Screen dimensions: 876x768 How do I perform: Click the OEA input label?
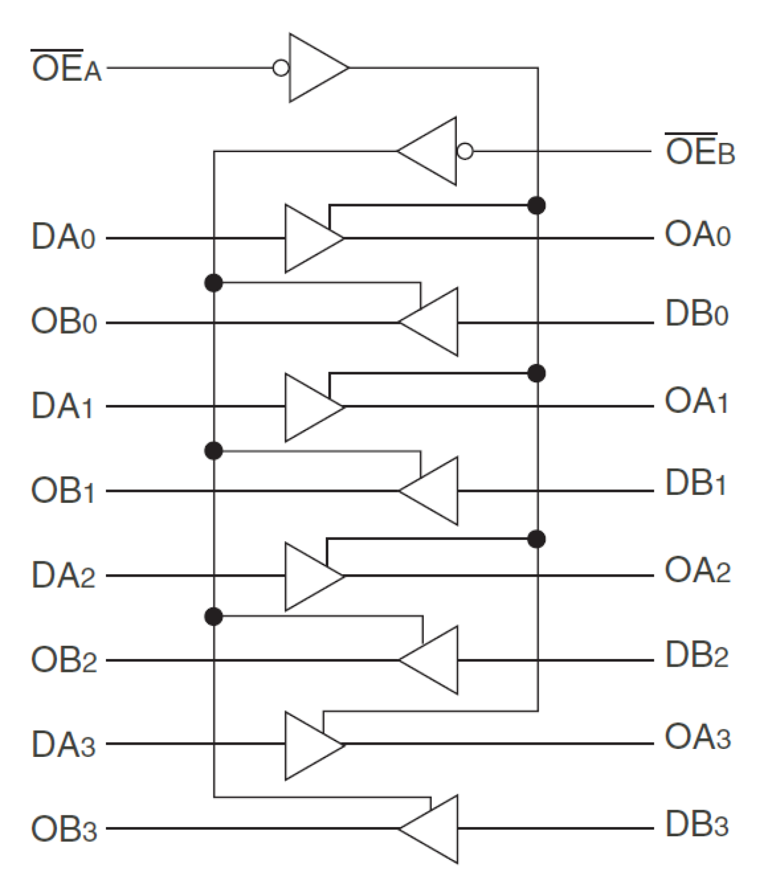point(66,67)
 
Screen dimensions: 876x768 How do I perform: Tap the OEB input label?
point(700,150)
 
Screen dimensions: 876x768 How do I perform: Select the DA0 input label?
point(64,238)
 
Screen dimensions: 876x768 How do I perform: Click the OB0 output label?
point(64,322)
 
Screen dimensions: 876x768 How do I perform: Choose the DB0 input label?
point(696,315)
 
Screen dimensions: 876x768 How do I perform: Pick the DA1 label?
point(62,406)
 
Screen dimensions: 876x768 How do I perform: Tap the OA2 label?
point(697,572)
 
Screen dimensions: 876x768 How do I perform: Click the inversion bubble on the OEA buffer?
point(281,68)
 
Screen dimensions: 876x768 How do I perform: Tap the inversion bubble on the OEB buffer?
point(465,151)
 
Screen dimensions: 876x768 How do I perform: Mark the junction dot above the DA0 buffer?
point(536,205)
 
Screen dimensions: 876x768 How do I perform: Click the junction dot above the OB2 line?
point(213,617)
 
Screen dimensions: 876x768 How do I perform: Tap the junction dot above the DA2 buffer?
point(536,539)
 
